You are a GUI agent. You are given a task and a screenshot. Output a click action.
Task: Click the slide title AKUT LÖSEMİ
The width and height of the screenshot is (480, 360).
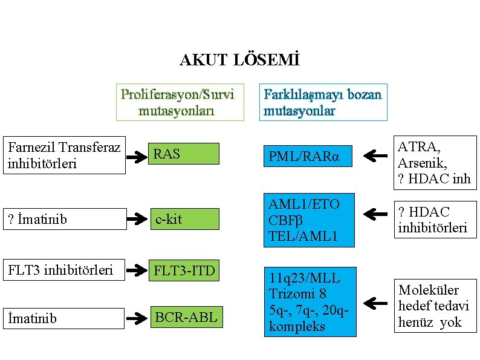point(239,61)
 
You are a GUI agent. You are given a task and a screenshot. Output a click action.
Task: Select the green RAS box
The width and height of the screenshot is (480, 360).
point(184,154)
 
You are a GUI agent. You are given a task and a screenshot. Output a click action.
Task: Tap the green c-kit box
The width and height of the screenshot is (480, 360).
point(184,219)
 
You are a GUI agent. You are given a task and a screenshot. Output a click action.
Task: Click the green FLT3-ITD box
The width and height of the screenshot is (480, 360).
point(184,270)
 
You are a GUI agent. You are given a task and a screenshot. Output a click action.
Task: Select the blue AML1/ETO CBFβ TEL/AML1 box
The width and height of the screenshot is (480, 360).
point(308,221)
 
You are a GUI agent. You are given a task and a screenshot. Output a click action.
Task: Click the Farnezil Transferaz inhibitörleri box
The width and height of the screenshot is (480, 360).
point(64,155)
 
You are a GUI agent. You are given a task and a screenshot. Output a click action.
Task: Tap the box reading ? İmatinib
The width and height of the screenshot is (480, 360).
point(64,219)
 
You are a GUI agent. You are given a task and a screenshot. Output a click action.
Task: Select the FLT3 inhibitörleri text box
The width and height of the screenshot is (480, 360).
point(64,270)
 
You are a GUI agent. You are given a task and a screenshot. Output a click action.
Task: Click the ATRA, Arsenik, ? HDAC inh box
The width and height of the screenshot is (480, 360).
point(435,162)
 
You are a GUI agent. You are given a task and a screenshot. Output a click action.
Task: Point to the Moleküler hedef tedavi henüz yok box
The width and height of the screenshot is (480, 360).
point(435,306)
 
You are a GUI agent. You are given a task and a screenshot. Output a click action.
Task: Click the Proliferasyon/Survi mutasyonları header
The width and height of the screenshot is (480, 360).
point(180,102)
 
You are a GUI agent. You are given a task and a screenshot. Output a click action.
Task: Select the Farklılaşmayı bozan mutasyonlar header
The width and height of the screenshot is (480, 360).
point(323,102)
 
